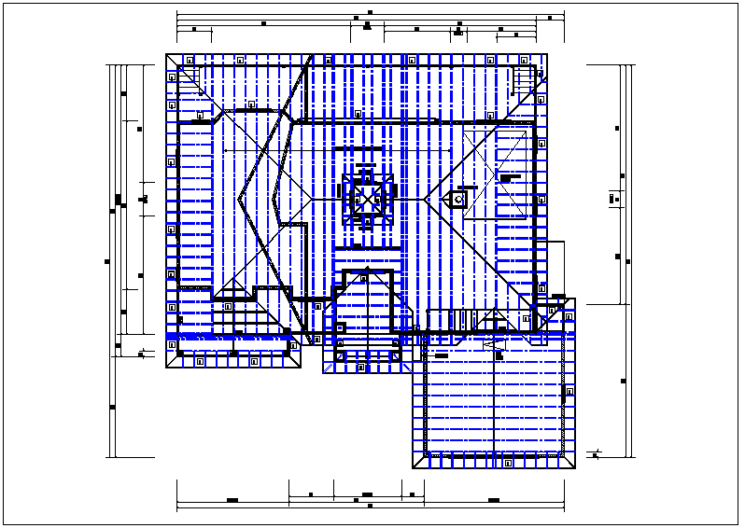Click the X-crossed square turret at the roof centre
coord(367,198)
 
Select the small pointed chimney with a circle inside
coord(458,198)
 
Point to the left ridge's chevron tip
coord(239,197)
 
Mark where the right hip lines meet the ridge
coord(426,198)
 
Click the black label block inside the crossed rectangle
coord(510,177)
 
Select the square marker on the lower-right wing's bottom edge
coord(507,462)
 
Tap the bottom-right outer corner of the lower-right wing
coord(575,468)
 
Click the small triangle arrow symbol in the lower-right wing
coord(492,345)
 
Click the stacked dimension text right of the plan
coord(614,198)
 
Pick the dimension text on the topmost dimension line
coord(370,13)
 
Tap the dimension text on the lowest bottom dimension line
coord(370,506)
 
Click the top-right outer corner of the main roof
coord(547,54)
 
